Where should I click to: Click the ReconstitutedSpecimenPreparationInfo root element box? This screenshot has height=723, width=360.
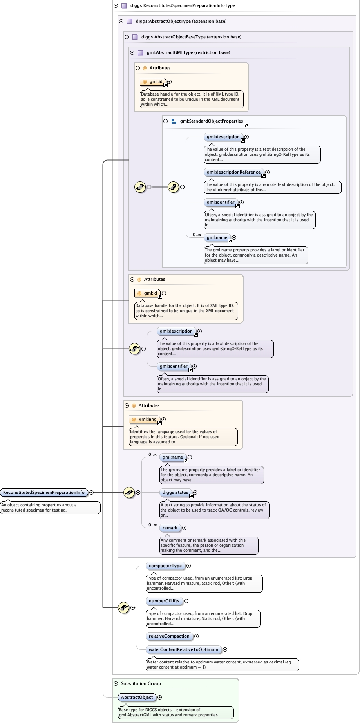(44, 492)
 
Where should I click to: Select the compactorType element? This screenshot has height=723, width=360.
(165, 566)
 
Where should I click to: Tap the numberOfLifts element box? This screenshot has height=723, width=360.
(164, 601)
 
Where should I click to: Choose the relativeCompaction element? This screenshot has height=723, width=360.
(169, 636)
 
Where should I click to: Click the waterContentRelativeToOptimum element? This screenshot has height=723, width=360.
(183, 649)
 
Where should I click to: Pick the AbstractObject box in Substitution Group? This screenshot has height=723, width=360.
(137, 697)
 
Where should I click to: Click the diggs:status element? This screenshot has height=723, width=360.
(175, 492)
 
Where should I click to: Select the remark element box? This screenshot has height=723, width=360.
(170, 528)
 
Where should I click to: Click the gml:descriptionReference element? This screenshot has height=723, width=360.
(233, 172)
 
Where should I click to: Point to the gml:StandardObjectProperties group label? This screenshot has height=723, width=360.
(212, 121)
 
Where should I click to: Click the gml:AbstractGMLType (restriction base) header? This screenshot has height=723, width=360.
(188, 52)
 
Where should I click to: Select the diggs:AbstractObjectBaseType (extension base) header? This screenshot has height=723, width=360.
(191, 37)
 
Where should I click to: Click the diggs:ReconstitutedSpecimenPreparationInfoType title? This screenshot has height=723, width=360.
(183, 5)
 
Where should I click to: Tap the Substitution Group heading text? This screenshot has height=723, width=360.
(141, 683)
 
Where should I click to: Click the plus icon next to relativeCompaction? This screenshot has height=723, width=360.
(197, 636)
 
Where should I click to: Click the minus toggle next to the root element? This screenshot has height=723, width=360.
(91, 492)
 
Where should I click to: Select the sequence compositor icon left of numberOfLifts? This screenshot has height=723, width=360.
(124, 607)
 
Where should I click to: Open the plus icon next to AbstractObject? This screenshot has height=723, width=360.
(159, 697)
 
